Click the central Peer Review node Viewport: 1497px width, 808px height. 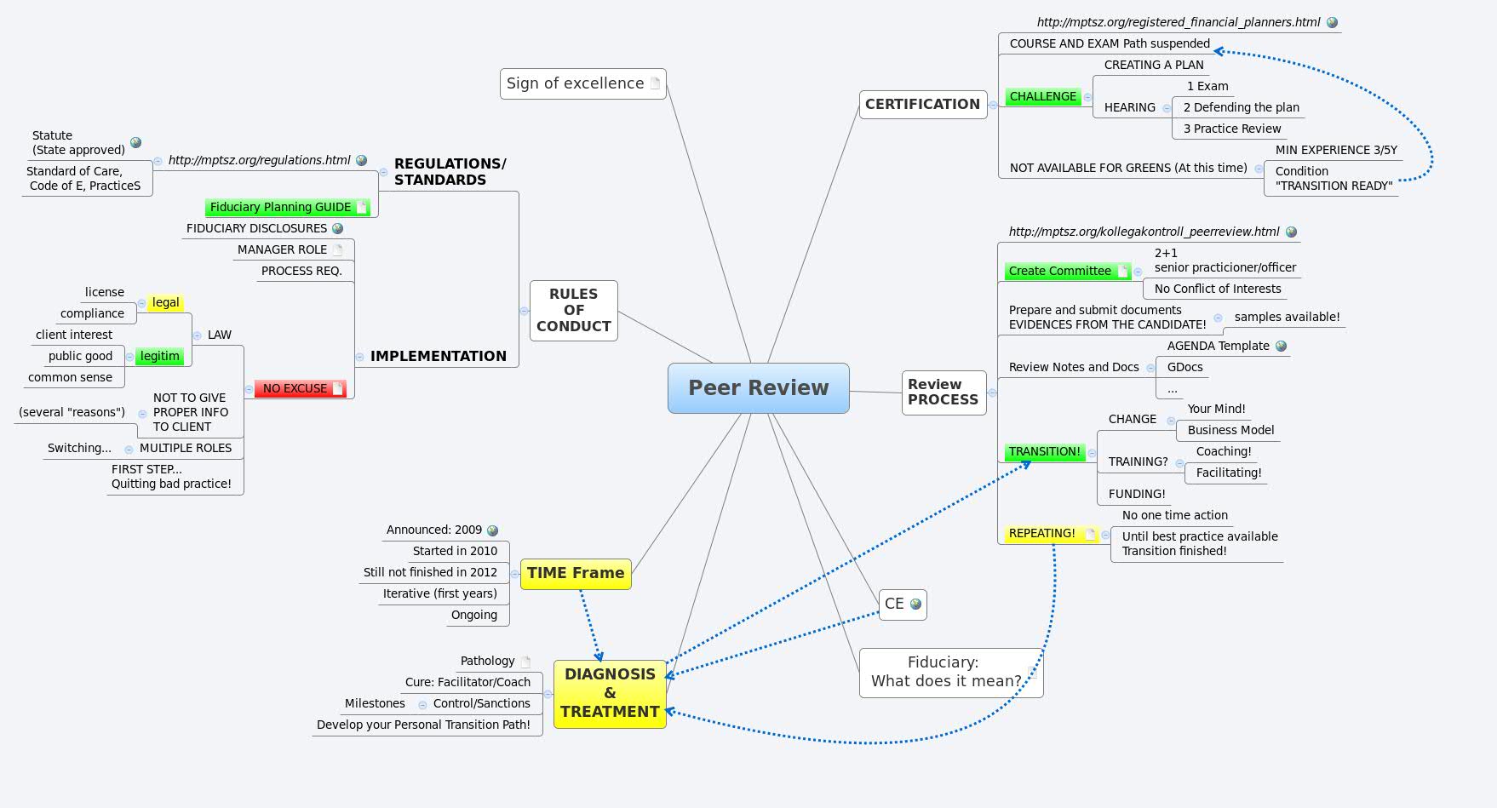point(758,388)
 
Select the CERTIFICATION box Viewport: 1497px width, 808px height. point(922,105)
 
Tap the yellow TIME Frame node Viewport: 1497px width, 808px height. point(575,574)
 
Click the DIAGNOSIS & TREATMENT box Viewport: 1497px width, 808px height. point(610,693)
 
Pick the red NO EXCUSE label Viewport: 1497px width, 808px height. point(295,389)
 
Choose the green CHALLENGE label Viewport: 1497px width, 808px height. point(1042,97)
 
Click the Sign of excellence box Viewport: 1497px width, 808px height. point(575,83)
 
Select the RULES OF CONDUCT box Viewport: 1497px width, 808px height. point(573,310)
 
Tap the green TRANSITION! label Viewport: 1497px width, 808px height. point(1044,452)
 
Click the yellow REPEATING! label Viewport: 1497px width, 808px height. point(1041,534)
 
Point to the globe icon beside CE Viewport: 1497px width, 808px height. point(915,604)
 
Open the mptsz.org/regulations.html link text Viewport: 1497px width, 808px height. point(259,160)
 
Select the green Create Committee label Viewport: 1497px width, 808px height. point(1059,271)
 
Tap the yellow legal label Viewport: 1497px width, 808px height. point(165,303)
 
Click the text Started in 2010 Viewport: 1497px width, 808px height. point(455,552)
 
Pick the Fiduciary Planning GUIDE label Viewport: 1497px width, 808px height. point(280,207)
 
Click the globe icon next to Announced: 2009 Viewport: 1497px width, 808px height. point(492,530)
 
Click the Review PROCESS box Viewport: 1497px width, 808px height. point(943,393)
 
